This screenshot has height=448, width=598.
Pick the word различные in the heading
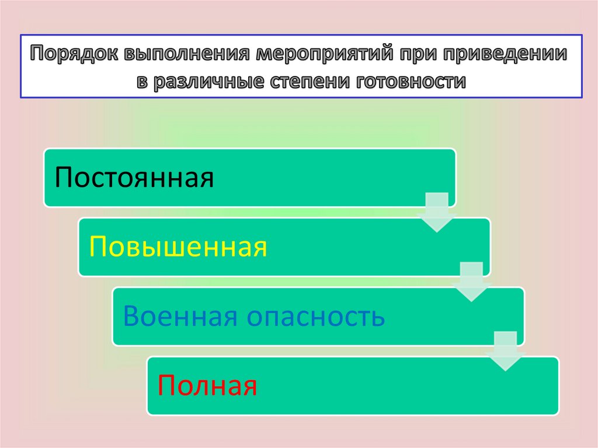click(209, 81)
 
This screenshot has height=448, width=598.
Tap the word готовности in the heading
click(408, 81)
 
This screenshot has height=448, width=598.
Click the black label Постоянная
click(134, 177)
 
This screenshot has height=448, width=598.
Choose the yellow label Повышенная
click(178, 247)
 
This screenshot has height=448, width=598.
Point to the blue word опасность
click(315, 317)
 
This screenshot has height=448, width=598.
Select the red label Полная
click(207, 386)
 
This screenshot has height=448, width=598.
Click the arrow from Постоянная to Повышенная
click(437, 211)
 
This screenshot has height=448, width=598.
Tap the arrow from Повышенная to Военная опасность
click(471, 282)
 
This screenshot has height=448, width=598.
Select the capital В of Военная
click(131, 317)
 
